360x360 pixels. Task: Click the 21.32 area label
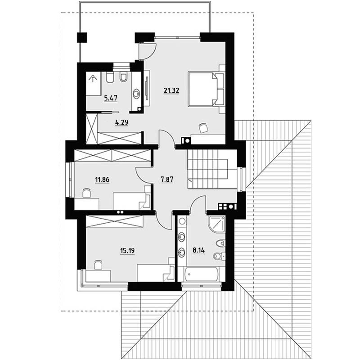tap(171, 91)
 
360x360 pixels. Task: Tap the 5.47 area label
tap(111, 99)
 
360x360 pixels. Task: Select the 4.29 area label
tap(121, 122)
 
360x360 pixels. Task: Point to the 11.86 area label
tap(102, 180)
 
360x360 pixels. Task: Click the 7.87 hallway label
tap(167, 180)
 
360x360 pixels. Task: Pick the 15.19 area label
tap(127, 251)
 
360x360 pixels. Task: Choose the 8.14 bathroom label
tap(198, 250)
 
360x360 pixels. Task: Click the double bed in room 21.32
tap(206, 89)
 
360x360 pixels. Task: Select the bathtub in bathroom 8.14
tap(201, 274)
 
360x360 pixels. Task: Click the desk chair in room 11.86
tap(86, 193)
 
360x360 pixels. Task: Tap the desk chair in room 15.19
tap(98, 265)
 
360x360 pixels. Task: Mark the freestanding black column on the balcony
tap(82, 38)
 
